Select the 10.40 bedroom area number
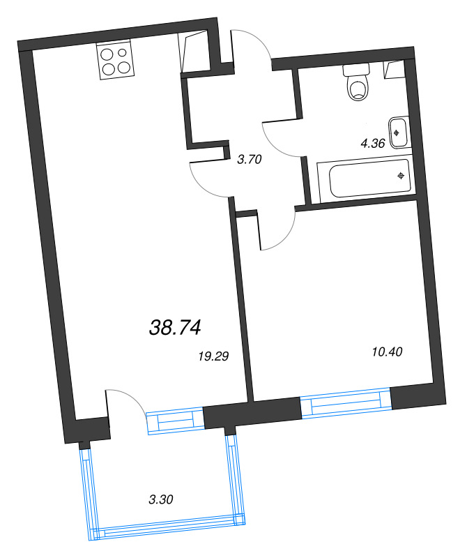[x=388, y=352]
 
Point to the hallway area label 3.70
[x=249, y=160]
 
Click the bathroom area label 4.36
[x=372, y=144]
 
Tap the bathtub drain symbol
[x=401, y=175]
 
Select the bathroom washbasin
[x=398, y=132]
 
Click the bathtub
[x=362, y=179]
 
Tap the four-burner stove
[x=114, y=60]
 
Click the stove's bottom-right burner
[x=123, y=68]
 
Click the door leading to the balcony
[x=125, y=405]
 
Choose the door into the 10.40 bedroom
[x=277, y=230]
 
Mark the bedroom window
[x=346, y=404]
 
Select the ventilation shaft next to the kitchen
[x=194, y=50]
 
